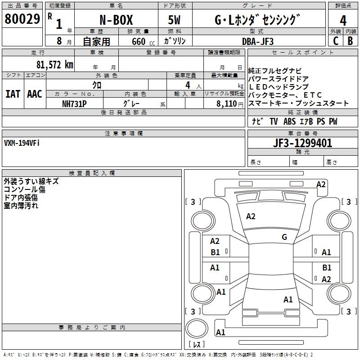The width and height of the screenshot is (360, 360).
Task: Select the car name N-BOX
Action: [116, 20]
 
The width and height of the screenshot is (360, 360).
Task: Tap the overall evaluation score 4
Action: [343, 20]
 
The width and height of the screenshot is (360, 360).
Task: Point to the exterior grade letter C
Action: [335, 40]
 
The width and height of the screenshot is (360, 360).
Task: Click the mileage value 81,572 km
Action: [54, 65]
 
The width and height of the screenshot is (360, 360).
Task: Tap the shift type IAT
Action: [13, 94]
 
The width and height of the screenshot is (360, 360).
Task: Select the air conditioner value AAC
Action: [35, 94]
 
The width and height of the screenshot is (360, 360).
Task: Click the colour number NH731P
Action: [74, 103]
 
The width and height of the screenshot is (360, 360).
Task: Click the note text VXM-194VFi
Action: [22, 143]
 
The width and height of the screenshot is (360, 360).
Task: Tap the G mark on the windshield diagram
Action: [284, 237]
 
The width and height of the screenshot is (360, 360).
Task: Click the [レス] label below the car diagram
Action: [198, 344]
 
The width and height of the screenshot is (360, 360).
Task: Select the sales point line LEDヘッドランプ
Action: [279, 87]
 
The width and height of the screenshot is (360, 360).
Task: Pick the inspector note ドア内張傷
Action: [21, 198]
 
